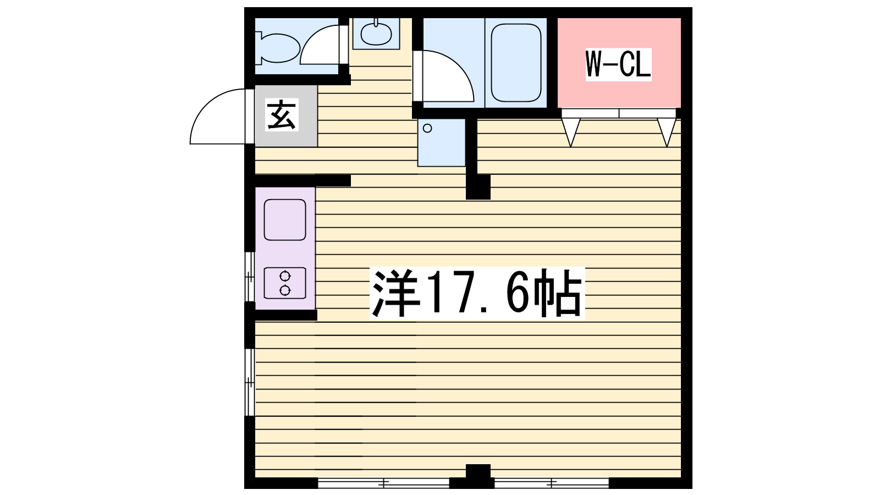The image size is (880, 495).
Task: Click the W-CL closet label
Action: [x=618, y=64]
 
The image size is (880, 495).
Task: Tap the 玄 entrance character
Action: [x=282, y=115]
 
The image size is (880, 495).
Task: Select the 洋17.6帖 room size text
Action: [x=477, y=293]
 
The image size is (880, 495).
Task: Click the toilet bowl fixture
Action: [x=278, y=48]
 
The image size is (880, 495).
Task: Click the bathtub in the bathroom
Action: [x=516, y=63]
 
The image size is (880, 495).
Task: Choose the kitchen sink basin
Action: [x=285, y=219]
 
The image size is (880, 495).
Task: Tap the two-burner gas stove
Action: [x=285, y=283]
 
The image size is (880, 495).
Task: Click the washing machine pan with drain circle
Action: [x=441, y=142]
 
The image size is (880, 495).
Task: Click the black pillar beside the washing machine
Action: [x=478, y=187]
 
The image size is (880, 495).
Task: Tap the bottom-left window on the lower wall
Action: [x=383, y=483]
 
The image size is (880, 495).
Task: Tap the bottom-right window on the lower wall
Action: [x=551, y=483]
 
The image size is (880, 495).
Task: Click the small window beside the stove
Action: [x=250, y=277]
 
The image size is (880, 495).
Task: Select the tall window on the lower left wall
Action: [x=250, y=382]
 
